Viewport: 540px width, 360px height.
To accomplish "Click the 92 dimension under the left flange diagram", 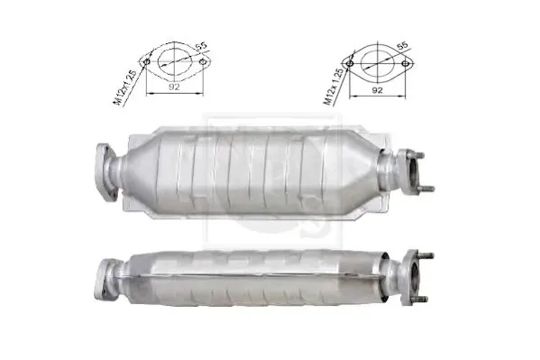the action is pyautogui.click(x=174, y=87).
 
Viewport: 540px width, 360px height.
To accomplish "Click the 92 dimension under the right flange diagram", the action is pyautogui.click(x=378, y=90).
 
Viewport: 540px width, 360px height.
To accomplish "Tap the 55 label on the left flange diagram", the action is pyautogui.click(x=201, y=47).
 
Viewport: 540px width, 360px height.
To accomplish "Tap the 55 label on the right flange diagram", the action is pyautogui.click(x=402, y=46).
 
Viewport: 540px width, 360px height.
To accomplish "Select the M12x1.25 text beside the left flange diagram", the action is pyautogui.click(x=124, y=88).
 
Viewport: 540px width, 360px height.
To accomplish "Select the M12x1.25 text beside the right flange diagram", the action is pyautogui.click(x=333, y=87).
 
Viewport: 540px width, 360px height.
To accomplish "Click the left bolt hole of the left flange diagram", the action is pyautogui.click(x=147, y=62).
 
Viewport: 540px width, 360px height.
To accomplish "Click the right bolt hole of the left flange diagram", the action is pyautogui.click(x=203, y=62).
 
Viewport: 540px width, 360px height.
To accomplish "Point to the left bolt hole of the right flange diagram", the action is pyautogui.click(x=350, y=63).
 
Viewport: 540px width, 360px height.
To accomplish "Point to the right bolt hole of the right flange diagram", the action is pyautogui.click(x=406, y=63).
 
